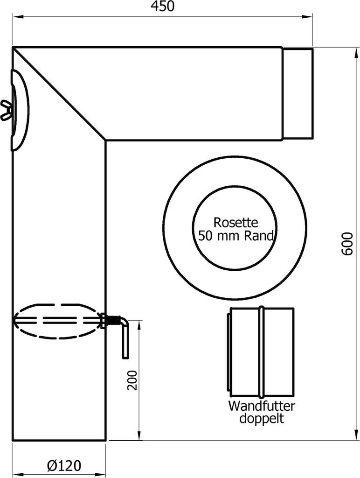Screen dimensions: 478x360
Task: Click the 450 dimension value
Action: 162,7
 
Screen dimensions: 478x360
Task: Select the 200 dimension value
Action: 133,380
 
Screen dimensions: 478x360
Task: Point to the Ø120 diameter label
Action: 64,465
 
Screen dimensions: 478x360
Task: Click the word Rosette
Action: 235,222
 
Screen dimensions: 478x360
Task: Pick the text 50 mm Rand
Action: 235,235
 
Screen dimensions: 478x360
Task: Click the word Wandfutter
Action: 262,405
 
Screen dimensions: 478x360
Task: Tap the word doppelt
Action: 262,418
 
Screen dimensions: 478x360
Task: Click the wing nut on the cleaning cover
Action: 6,110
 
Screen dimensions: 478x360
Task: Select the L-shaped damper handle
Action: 124,336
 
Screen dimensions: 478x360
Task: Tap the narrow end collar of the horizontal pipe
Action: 298,93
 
